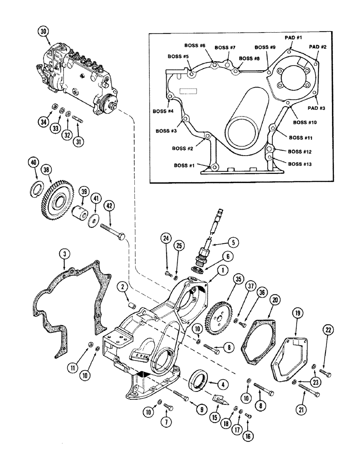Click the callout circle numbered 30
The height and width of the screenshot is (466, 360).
43,31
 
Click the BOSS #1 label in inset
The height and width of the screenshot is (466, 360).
185,165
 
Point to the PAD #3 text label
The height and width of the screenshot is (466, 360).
316,107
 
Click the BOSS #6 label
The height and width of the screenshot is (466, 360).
195,45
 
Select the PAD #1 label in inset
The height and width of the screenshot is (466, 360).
294,37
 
